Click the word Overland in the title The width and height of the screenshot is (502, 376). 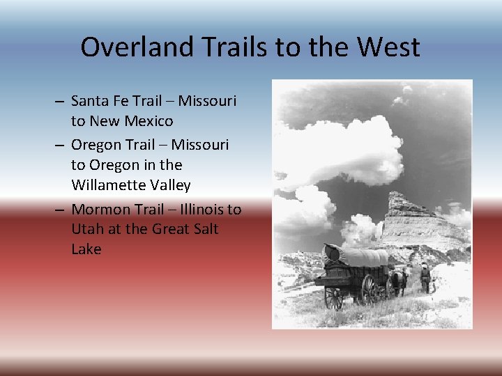[x=126, y=47]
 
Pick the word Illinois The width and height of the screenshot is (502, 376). [x=202, y=209]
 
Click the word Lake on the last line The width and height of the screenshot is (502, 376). [x=86, y=249]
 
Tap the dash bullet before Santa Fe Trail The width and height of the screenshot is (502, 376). [x=61, y=102]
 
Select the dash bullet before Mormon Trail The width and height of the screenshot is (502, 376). [x=61, y=210]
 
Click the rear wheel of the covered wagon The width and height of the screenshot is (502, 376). [x=333, y=297]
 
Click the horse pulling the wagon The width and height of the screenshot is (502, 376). [x=398, y=280]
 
